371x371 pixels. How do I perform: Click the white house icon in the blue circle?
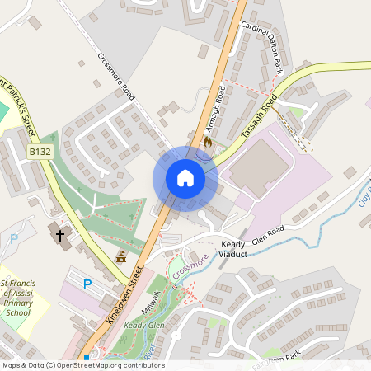185,178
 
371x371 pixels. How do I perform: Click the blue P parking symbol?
87,284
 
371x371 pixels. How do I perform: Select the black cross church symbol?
59,236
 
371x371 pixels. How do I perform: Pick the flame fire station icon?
207,142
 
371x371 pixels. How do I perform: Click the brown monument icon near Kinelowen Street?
121,257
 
